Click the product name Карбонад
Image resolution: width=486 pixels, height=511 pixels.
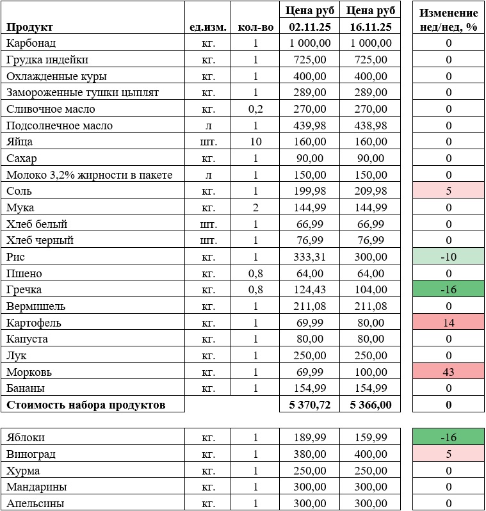31,43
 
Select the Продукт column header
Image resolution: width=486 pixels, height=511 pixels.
29,27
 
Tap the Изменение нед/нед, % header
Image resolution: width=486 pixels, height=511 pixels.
448,20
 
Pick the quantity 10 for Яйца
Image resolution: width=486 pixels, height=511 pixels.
255,142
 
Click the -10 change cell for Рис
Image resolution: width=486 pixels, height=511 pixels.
448,257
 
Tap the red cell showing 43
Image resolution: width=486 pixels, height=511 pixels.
448,372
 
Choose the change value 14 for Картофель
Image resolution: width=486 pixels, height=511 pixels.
448,323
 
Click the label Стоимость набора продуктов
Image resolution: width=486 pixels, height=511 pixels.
86,405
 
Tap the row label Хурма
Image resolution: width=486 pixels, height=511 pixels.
23,471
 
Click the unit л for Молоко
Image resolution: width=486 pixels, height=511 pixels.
207,175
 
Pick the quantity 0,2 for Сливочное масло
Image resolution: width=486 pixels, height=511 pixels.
255,109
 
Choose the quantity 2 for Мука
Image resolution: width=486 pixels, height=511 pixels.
255,207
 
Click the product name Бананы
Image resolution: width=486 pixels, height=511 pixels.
26,388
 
